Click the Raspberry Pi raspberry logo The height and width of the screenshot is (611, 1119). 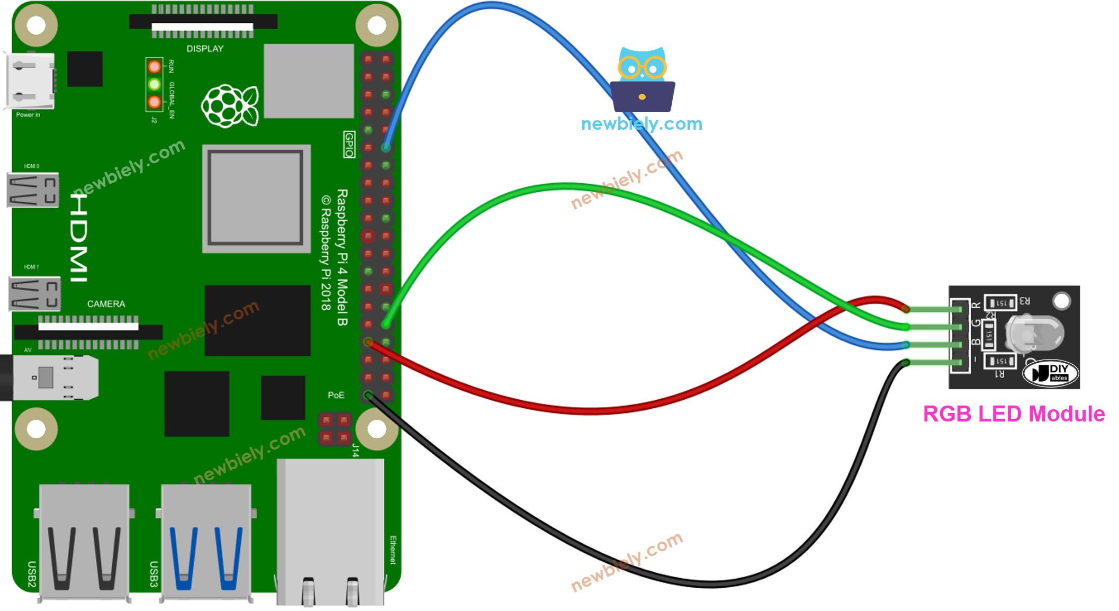tap(230, 105)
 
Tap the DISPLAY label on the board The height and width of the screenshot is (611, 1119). tap(205, 49)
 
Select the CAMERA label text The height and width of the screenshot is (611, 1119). tap(106, 304)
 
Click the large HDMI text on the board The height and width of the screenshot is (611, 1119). tap(79, 238)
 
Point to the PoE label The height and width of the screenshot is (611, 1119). tap(336, 395)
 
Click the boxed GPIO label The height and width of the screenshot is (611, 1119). tap(349, 145)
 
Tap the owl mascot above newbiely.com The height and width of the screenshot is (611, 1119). tap(642, 79)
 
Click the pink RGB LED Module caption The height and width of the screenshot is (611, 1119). tap(1013, 414)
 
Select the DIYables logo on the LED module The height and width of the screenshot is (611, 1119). tap(1050, 373)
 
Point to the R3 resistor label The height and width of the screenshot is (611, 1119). tap(1024, 301)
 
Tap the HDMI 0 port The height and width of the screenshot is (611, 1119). tap(33, 190)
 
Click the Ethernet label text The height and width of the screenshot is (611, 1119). tap(393, 550)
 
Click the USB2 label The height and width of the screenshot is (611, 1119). tap(32, 574)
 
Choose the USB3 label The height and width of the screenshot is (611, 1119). tap(154, 574)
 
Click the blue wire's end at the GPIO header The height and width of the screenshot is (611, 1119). tap(386, 147)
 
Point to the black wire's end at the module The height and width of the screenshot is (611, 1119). tap(906, 363)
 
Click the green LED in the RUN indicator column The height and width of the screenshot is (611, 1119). tap(155, 84)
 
